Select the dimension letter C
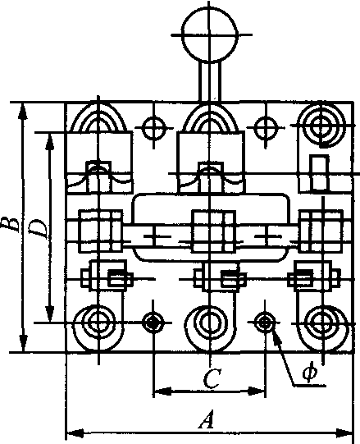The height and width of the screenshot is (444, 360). point(211,379)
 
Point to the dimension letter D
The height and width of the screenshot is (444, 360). point(39,230)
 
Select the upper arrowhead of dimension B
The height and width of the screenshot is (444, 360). point(24,111)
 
